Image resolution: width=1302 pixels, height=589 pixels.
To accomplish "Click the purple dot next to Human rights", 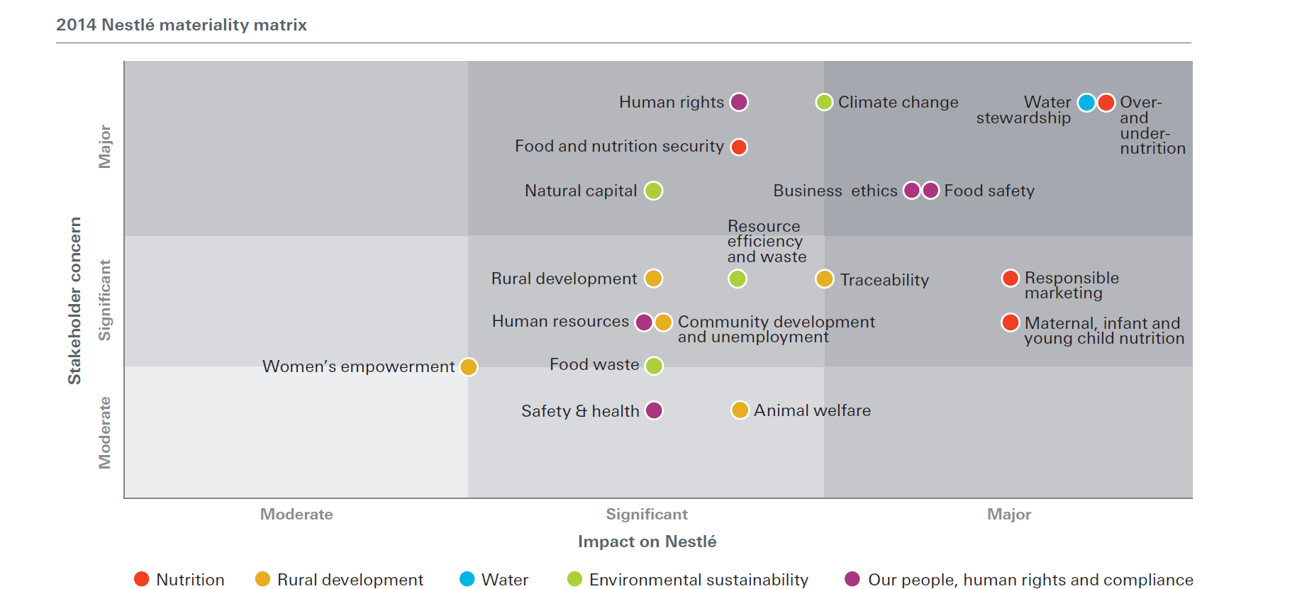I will pos(739,102).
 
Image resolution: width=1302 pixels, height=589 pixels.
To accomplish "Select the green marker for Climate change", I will pos(824,102).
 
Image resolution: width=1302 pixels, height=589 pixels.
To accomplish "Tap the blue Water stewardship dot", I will pos(1086,103).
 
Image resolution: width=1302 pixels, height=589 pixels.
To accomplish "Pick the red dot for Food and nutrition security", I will pos(739,147).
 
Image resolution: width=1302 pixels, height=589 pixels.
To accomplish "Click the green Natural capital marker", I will pos(654,191).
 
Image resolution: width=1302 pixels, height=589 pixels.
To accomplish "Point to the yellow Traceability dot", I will pos(824,279).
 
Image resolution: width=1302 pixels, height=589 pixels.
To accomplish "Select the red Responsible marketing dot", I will pos(1011,279).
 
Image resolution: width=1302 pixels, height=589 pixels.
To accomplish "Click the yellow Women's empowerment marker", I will pos(468,367).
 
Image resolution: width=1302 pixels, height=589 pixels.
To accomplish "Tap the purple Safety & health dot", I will pos(654,410).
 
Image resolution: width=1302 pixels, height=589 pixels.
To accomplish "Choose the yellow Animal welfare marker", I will pos(740,410).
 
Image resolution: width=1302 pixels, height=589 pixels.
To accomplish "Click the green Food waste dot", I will pos(654,366).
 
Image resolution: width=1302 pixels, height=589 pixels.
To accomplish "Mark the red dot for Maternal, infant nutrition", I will pos(1011,322).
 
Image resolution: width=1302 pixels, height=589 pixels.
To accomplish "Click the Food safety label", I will pos(989,191).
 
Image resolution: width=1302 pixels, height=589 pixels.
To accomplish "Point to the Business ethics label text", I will pos(835,191).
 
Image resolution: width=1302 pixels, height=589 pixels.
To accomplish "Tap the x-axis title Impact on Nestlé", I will pos(647,542).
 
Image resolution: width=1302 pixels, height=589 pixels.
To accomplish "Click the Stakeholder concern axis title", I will pos(74,301).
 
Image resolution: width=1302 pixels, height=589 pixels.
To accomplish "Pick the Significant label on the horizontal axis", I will pos(646,515).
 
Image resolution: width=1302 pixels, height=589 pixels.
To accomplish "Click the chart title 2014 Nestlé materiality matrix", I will pos(182,25).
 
